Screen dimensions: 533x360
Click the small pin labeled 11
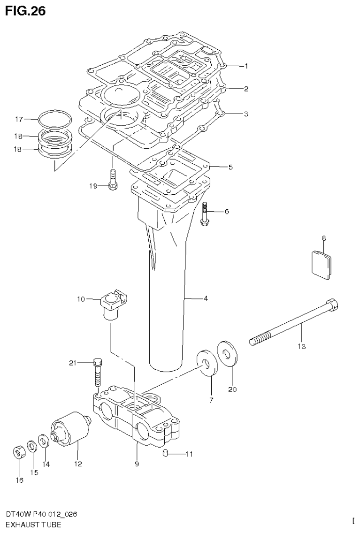(165, 453)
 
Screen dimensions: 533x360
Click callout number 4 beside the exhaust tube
(206, 298)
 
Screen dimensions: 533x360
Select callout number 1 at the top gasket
(246, 66)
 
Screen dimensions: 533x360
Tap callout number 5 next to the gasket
(230, 167)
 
